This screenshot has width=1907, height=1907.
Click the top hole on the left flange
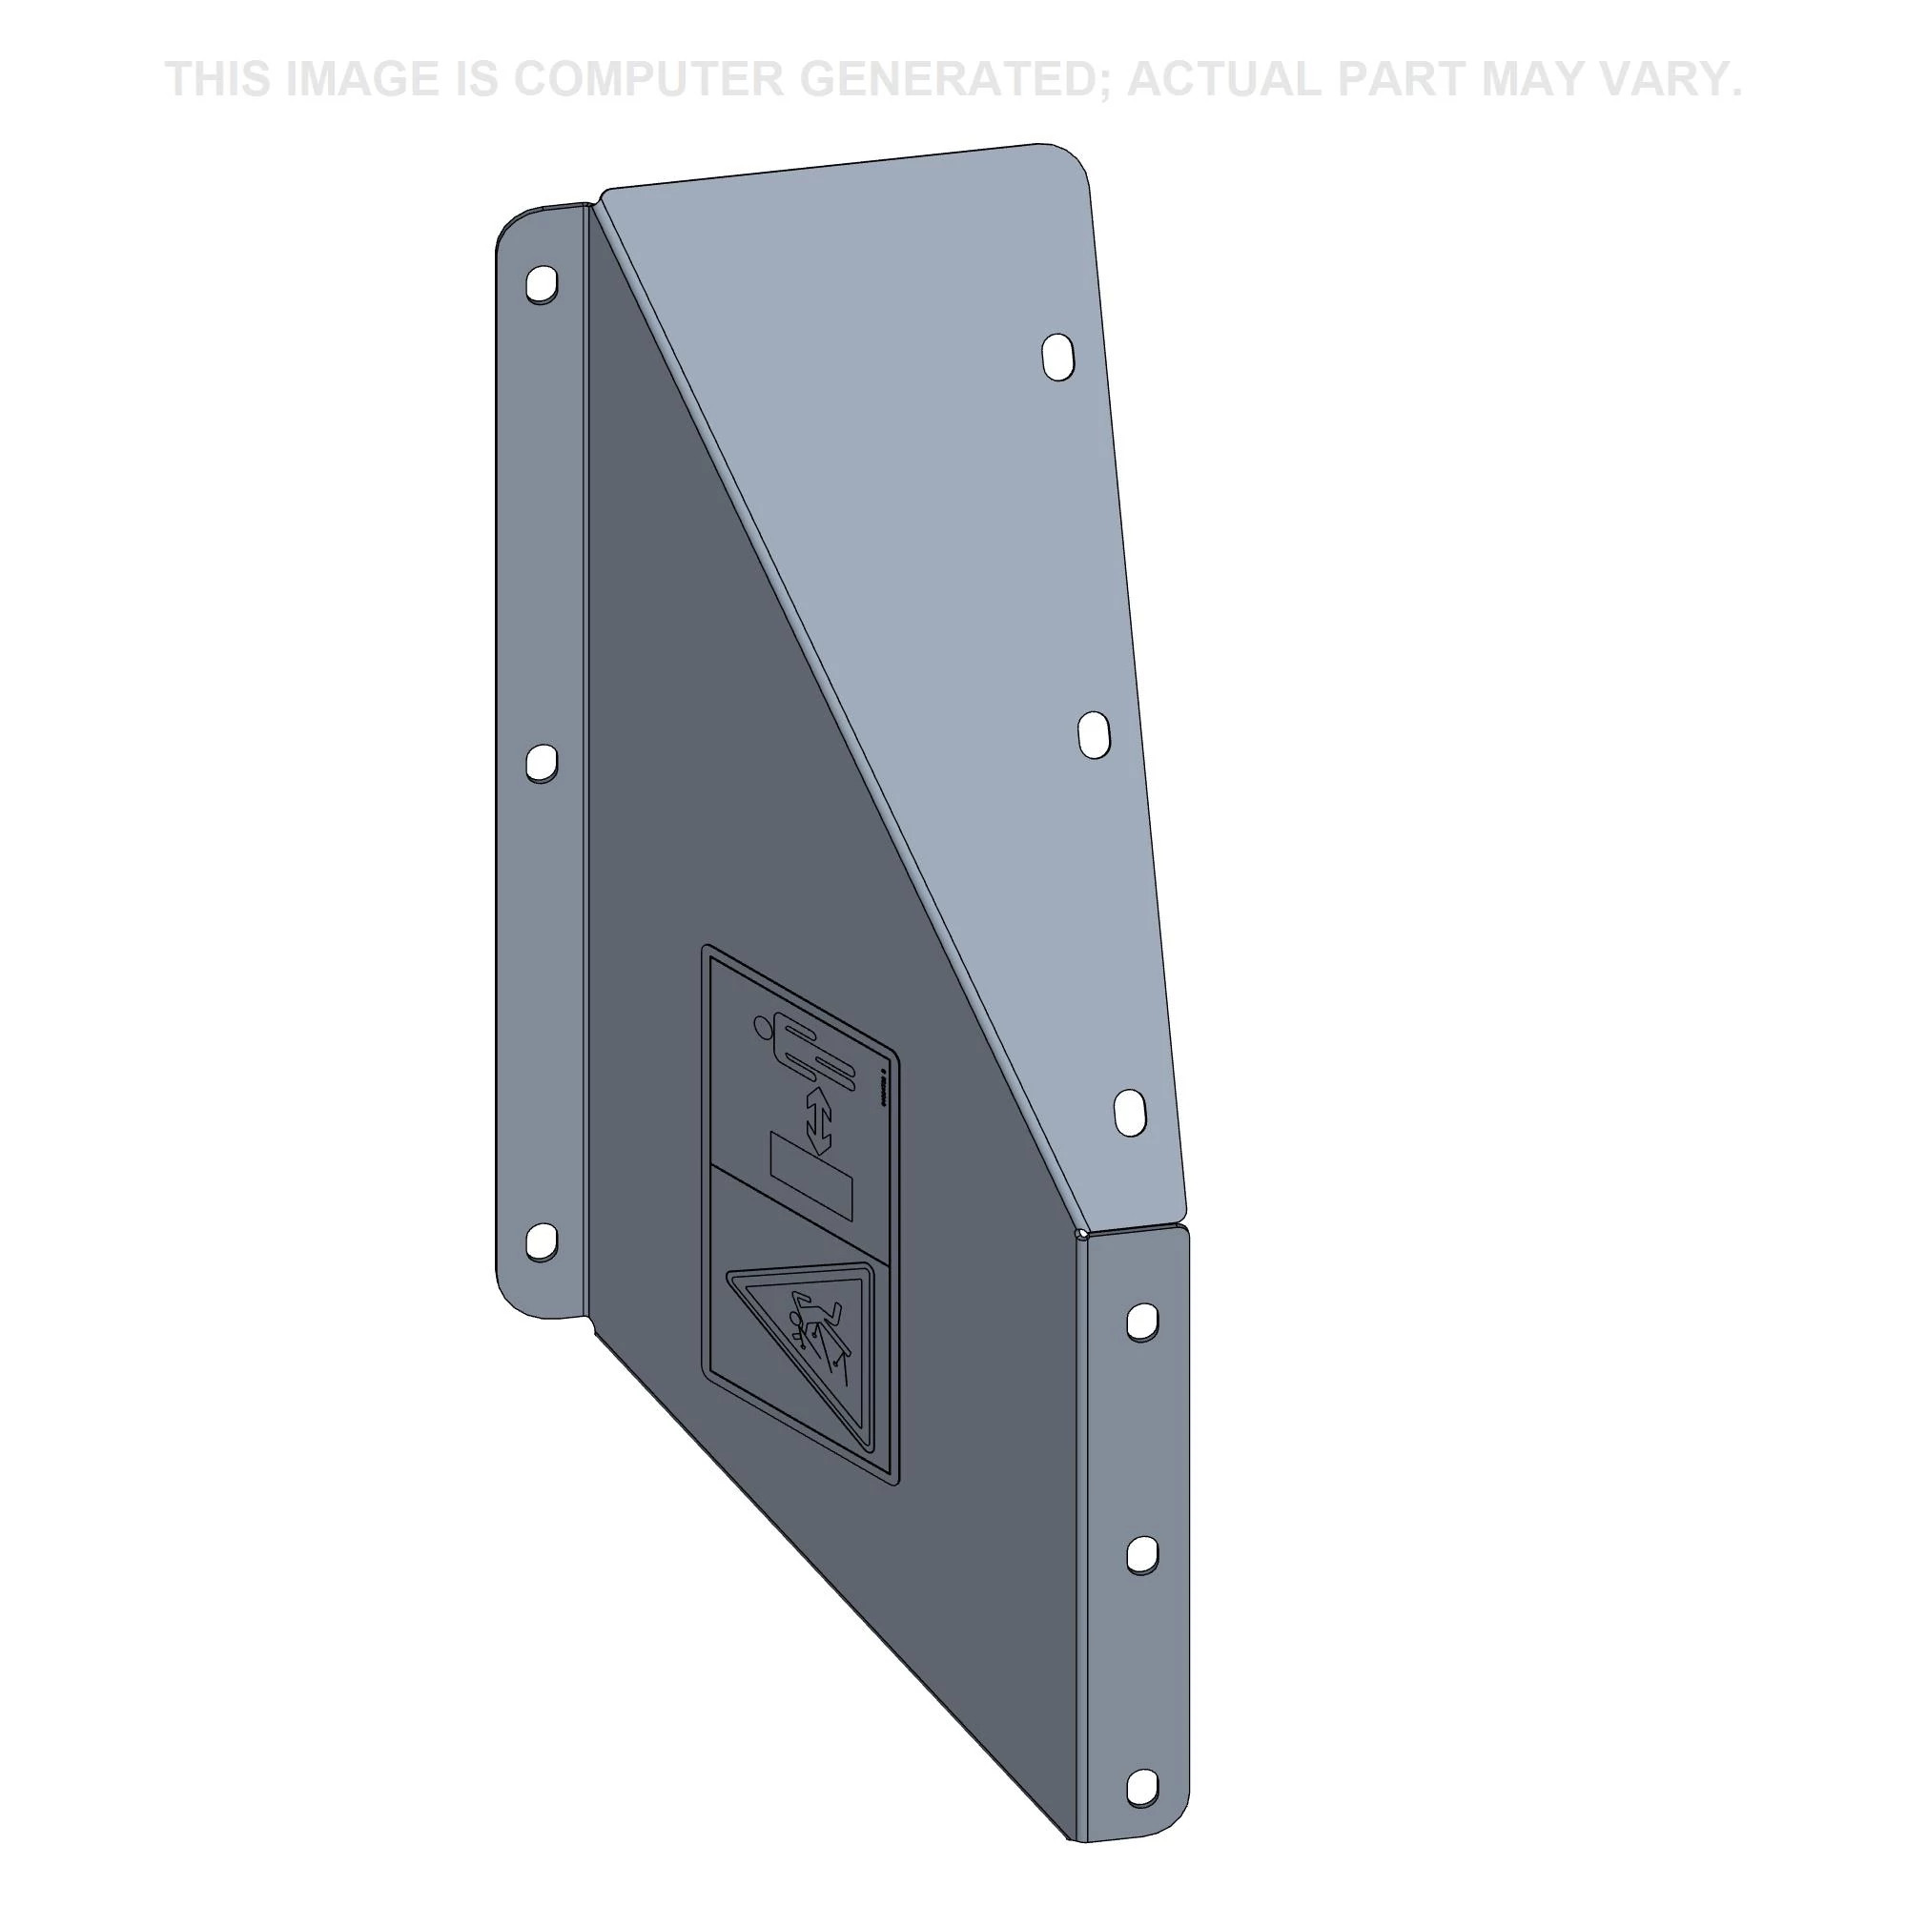click(x=542, y=284)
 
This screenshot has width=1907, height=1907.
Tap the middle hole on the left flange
click(x=540, y=763)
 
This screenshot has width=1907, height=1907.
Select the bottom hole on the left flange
click(x=540, y=1241)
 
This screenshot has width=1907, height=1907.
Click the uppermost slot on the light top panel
click(x=1058, y=358)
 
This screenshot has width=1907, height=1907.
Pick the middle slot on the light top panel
click(x=1095, y=735)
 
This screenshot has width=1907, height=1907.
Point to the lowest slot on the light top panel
click(x=1131, y=1113)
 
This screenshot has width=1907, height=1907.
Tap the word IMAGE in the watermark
click(x=362, y=80)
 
